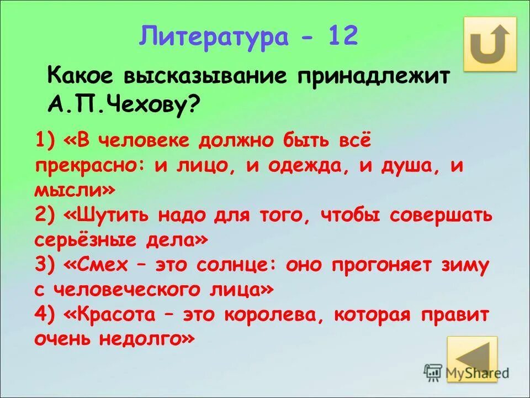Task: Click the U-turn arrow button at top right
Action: point(490,44)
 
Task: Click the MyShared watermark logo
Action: point(467,372)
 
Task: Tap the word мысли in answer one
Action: point(69,191)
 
